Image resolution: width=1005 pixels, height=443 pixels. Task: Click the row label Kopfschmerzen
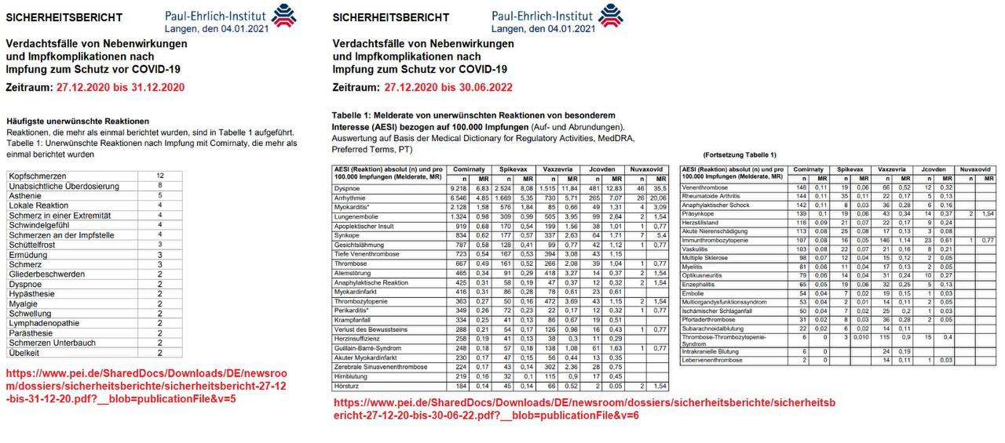[38, 176]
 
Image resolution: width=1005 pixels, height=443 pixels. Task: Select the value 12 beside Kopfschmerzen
[159, 176]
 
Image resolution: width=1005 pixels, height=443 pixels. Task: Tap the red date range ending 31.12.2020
[120, 87]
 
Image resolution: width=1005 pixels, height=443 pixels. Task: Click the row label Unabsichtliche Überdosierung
[63, 186]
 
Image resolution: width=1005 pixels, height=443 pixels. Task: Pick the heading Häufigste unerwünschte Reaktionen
[78, 122]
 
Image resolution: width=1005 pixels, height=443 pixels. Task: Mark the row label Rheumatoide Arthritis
[711, 196]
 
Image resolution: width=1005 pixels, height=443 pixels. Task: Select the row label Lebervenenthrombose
[713, 361]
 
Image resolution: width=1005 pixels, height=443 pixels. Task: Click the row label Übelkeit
[25, 354]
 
